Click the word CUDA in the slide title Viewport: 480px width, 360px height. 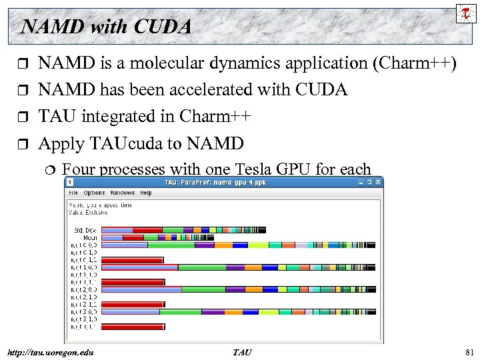point(162,27)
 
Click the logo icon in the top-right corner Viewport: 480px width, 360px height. point(466,13)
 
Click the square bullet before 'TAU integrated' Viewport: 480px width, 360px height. point(23,117)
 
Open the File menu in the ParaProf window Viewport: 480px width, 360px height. point(73,193)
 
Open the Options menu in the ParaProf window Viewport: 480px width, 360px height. point(94,193)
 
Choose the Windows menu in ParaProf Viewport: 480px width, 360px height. point(123,193)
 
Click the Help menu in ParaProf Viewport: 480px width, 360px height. point(145,193)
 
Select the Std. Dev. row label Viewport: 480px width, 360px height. point(85,230)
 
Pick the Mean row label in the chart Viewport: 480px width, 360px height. point(91,237)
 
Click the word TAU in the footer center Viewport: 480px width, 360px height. point(242,352)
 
